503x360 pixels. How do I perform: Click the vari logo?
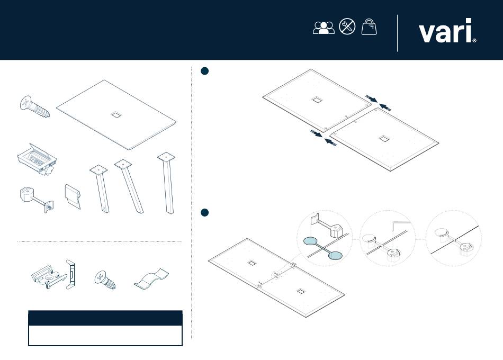click(x=447, y=31)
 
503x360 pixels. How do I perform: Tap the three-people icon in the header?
click(x=324, y=28)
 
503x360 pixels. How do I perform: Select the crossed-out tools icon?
click(x=347, y=26)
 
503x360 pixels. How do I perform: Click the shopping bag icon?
click(x=369, y=26)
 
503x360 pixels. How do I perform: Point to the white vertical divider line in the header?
click(x=398, y=33)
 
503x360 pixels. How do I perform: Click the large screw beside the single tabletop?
click(x=34, y=106)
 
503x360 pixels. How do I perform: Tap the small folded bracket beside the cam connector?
click(x=73, y=196)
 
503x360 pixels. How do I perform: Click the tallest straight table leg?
click(x=167, y=183)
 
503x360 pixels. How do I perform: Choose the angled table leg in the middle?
click(x=129, y=186)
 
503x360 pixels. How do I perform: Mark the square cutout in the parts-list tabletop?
click(x=116, y=114)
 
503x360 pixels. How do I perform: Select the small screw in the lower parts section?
click(x=105, y=280)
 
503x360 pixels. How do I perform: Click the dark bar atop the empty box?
click(x=105, y=318)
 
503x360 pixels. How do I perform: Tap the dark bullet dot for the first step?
click(x=204, y=71)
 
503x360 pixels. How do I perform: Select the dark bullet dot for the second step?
click(x=204, y=212)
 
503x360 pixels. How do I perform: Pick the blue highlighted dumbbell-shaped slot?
click(x=323, y=248)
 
